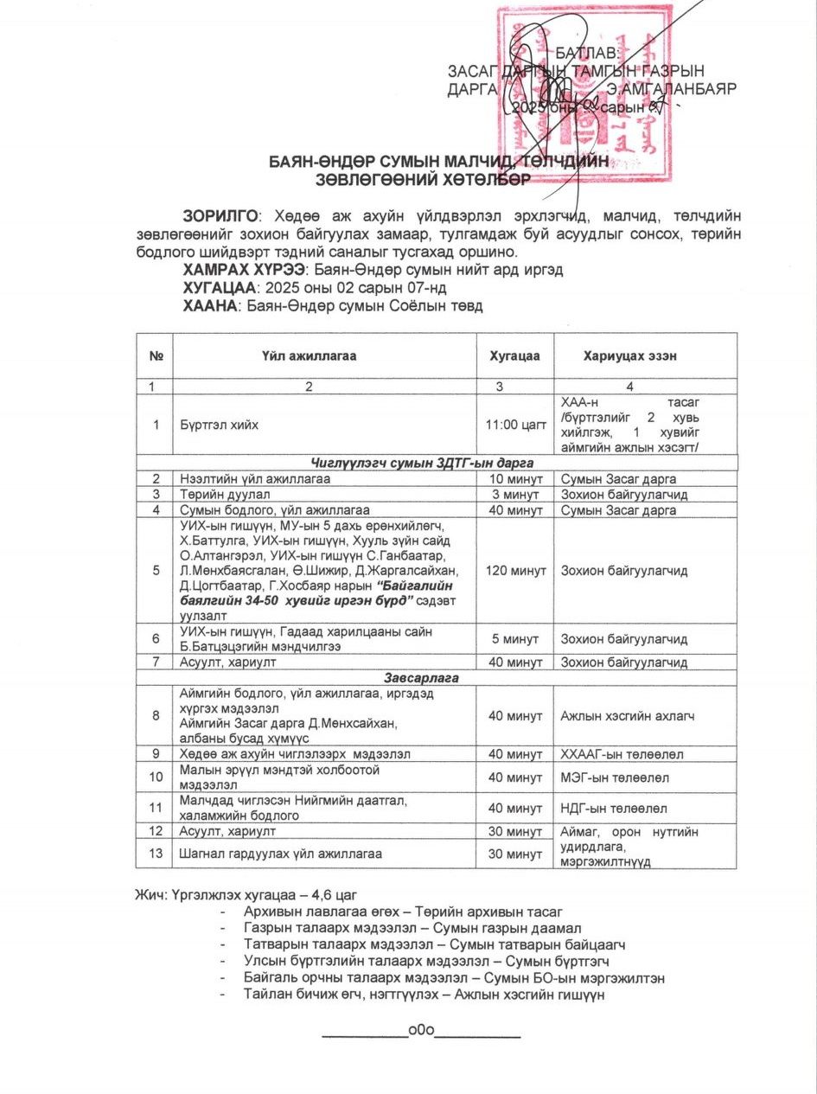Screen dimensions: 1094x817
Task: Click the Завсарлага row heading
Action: (x=436, y=678)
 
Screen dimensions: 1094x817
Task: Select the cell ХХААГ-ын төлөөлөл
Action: (x=622, y=754)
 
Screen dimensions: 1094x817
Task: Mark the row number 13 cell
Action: (x=156, y=854)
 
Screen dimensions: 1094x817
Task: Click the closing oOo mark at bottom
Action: (x=422, y=1030)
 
